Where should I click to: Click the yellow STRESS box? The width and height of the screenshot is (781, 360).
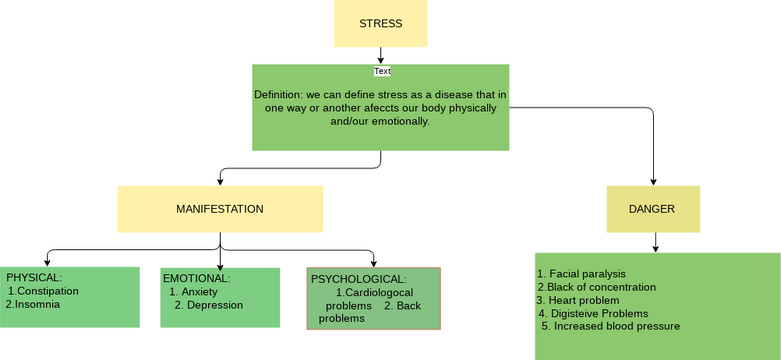tap(380, 23)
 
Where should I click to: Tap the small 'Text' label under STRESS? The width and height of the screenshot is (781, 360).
tap(382, 71)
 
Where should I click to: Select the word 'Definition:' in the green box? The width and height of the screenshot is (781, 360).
tap(279, 95)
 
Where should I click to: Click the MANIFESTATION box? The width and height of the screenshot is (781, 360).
tap(220, 209)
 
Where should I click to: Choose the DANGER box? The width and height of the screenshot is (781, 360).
tap(652, 209)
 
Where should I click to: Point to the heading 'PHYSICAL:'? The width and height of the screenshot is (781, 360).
tap(34, 277)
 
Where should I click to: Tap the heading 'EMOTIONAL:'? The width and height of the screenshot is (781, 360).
tap(196, 278)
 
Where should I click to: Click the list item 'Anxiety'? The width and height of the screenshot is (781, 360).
tap(199, 292)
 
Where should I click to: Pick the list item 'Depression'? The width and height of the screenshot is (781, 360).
tap(214, 305)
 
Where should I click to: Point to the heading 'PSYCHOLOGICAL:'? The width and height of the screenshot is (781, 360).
tap(358, 279)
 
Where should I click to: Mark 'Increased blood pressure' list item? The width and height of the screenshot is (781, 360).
tap(615, 326)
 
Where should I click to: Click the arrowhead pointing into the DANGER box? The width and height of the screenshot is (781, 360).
tap(653, 182)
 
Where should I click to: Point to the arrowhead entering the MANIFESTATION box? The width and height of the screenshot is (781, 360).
tap(220, 182)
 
